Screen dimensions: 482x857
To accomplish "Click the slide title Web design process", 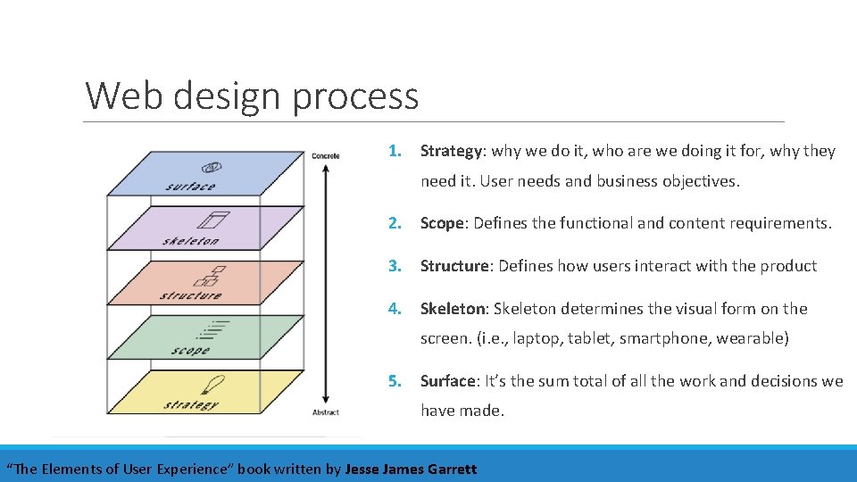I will point(252,96).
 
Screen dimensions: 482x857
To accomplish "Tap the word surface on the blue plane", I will point(190,187).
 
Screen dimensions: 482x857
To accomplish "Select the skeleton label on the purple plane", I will point(191,241).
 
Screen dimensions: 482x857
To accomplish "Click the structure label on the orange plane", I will point(190,295).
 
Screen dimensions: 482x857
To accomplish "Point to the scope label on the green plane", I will point(190,351).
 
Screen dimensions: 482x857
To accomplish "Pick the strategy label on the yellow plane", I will point(190,404).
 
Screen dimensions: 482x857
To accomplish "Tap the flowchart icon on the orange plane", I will point(214,276).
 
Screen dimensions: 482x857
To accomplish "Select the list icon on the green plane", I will point(214,330).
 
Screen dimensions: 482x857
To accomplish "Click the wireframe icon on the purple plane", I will point(214,220).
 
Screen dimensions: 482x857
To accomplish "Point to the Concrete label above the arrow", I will point(325,156).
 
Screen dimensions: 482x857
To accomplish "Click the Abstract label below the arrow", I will point(326,412).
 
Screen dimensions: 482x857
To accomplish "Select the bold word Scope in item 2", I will point(442,223).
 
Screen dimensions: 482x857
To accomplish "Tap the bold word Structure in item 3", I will point(455,266).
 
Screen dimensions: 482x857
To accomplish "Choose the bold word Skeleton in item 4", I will point(453,309).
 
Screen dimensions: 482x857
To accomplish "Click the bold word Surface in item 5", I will point(448,381).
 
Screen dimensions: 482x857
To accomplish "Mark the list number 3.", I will point(394,266).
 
